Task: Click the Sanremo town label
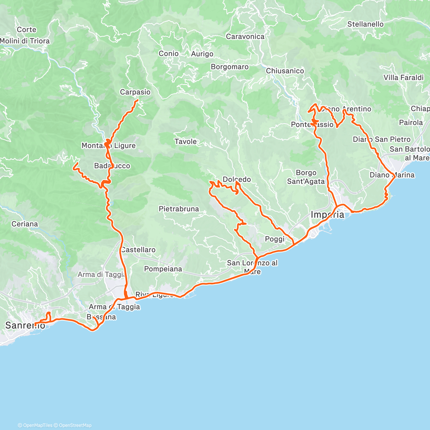click(x=25, y=325)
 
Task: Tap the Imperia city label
click(x=327, y=215)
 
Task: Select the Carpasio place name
click(x=135, y=92)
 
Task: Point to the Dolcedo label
click(x=236, y=179)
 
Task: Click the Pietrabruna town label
click(x=178, y=209)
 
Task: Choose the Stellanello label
click(x=365, y=24)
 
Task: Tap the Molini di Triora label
click(x=25, y=41)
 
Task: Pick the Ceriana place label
click(x=24, y=224)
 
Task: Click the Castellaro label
click(x=138, y=250)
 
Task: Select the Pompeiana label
click(x=163, y=269)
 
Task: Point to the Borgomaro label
click(x=229, y=67)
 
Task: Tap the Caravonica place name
click(x=245, y=37)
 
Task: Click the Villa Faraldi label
click(x=403, y=77)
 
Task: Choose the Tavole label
click(x=185, y=142)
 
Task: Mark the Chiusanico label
click(x=285, y=71)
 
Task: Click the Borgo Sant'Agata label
click(x=306, y=177)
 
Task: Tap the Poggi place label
click(x=274, y=239)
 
